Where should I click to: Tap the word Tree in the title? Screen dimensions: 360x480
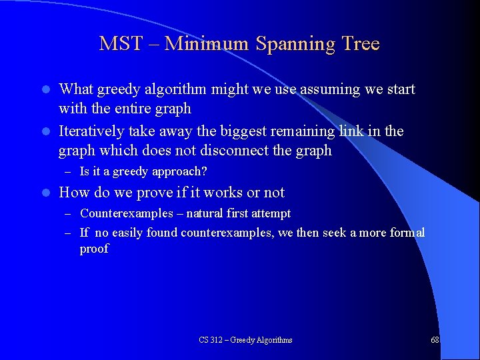360,44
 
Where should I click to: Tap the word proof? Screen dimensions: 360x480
94,249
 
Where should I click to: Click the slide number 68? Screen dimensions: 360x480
435,340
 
